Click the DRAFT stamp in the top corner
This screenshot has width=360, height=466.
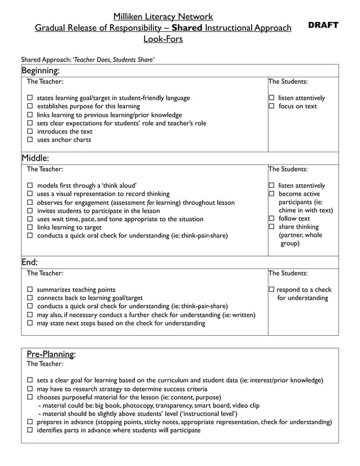323,25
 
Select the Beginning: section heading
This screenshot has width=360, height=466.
40,71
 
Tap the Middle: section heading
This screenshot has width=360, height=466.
35,158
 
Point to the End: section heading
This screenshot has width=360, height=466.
30,262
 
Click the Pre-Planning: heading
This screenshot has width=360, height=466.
51,354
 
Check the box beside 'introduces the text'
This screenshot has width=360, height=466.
31,131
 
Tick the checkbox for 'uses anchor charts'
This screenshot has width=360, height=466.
31,140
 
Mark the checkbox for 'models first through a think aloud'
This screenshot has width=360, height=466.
31,186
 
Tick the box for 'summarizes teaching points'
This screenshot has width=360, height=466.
31,290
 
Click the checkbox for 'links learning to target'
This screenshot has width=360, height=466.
31,227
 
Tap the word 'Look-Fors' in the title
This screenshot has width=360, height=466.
163,39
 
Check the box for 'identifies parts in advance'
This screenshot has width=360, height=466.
31,430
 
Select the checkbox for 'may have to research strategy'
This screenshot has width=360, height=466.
31,389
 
